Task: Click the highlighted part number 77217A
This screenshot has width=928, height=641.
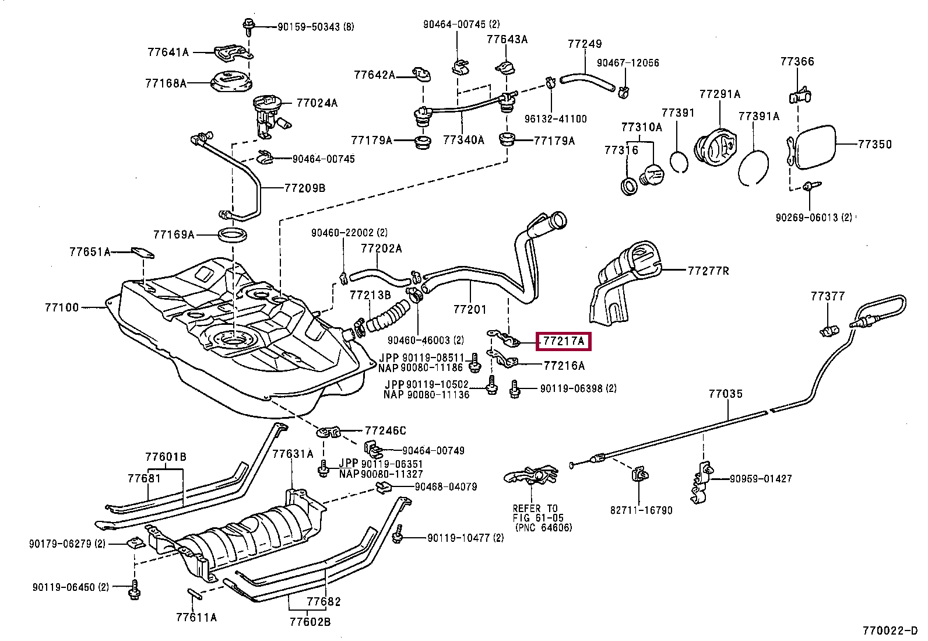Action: (563, 341)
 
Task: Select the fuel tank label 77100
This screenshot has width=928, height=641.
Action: (62, 307)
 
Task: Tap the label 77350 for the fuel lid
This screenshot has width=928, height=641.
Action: (874, 144)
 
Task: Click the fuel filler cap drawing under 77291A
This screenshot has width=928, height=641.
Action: (716, 146)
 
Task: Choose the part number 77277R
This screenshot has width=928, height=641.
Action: (708, 271)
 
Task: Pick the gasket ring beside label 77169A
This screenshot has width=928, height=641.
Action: (233, 234)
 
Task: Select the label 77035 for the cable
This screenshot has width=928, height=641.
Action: (725, 394)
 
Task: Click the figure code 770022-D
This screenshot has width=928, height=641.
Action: (890, 631)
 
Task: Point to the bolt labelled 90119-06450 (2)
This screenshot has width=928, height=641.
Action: (135, 589)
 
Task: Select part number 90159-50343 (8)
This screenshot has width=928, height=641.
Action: (316, 27)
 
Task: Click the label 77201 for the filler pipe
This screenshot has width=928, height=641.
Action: (469, 309)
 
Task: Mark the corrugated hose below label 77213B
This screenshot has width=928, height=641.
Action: (388, 317)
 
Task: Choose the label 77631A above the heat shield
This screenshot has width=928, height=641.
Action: (293, 454)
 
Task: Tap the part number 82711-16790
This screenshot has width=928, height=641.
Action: (641, 510)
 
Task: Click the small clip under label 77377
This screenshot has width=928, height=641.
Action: (829, 331)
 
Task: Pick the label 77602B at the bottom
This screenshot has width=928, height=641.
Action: (310, 622)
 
